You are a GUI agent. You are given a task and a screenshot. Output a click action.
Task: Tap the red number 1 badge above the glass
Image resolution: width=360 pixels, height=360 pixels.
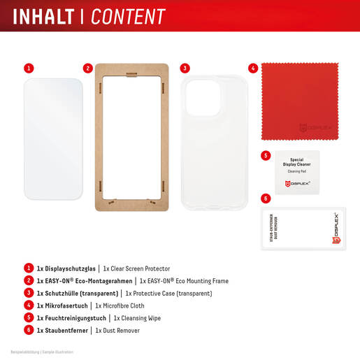pyautogui.click(x=29, y=69)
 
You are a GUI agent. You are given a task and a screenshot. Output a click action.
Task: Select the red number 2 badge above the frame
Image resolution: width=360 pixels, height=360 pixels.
pyautogui.click(x=88, y=69)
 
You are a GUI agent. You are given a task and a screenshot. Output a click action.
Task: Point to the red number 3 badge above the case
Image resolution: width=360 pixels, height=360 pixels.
pyautogui.click(x=185, y=69)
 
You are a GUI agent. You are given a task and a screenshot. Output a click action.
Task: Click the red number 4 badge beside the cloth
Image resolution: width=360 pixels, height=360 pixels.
pyautogui.click(x=253, y=69)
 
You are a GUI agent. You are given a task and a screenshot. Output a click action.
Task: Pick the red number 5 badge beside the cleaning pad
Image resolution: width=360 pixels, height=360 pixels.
pyautogui.click(x=266, y=155)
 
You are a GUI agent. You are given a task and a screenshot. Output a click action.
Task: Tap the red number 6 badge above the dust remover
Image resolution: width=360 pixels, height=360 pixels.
pyautogui.click(x=266, y=199)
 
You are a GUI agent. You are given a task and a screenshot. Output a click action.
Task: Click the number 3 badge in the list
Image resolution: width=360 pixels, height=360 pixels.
pyautogui.click(x=29, y=293)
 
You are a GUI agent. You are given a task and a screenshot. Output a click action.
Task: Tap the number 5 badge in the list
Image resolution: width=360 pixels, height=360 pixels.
pyautogui.click(x=29, y=317)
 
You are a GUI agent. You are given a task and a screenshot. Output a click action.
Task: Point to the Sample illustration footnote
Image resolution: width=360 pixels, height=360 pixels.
pyautogui.click(x=33, y=351)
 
